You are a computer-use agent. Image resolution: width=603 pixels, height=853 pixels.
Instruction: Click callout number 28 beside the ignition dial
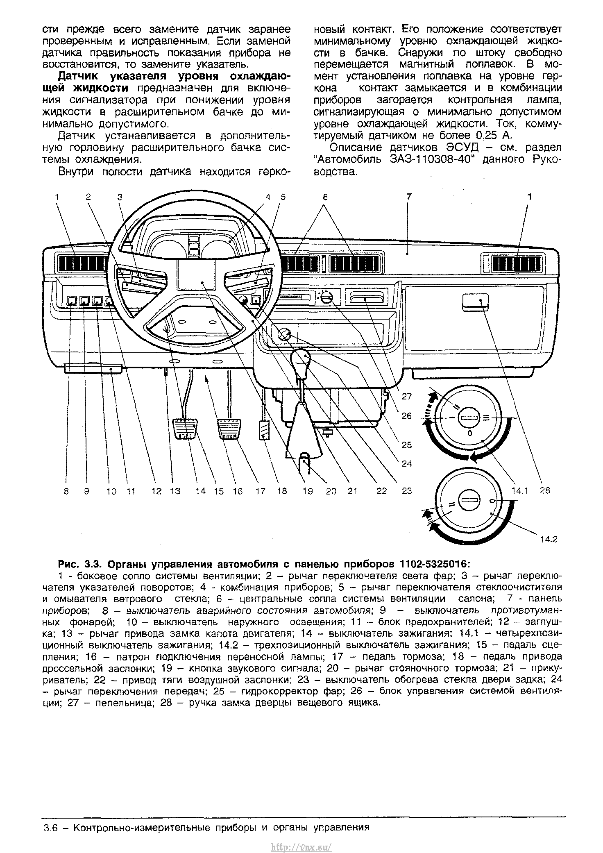(544, 490)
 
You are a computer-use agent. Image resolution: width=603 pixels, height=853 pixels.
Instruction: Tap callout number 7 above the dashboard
(409, 197)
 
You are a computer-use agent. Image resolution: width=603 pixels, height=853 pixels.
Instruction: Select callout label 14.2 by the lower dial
(549, 539)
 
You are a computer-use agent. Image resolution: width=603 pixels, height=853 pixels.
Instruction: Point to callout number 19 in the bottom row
(307, 491)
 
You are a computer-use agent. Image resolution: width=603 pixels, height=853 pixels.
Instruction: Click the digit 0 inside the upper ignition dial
(470, 433)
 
